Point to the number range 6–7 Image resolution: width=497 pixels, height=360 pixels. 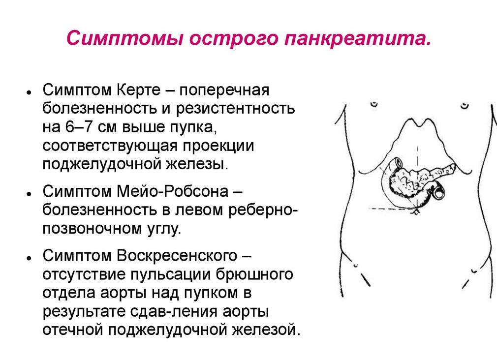(x=79, y=127)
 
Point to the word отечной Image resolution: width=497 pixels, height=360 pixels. (x=72, y=329)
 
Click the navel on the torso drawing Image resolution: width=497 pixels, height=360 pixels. (x=417, y=211)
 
